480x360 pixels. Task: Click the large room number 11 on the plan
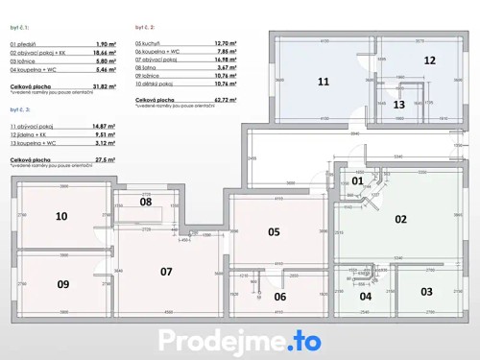tap(324, 82)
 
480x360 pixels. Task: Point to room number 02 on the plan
tap(401, 219)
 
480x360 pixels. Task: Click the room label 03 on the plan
tap(426, 291)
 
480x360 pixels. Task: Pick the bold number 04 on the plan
tap(366, 296)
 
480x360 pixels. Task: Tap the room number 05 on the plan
tap(274, 231)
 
